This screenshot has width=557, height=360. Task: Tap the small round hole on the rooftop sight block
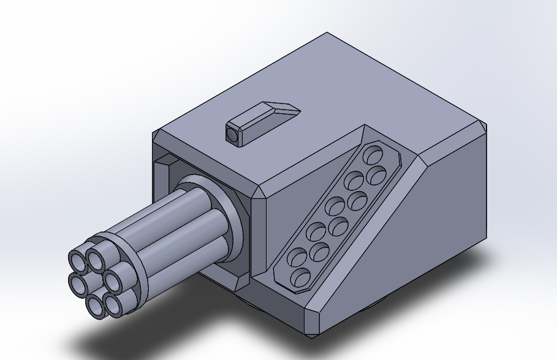[232, 134]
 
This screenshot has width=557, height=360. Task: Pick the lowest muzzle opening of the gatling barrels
[97, 306]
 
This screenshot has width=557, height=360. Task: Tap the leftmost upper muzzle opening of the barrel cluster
[78, 260]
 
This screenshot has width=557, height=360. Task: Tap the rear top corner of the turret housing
[328, 34]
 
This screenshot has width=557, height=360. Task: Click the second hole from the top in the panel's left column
[353, 181]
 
